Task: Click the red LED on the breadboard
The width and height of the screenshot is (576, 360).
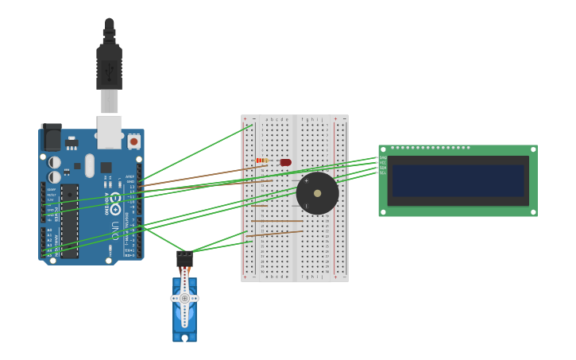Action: (x=286, y=162)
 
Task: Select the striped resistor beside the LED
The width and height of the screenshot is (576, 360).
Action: (x=262, y=161)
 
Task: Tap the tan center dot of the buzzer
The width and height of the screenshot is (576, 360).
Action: (x=318, y=193)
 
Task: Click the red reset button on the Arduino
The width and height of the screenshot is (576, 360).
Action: (x=133, y=141)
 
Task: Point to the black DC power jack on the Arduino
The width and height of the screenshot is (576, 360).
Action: (x=51, y=137)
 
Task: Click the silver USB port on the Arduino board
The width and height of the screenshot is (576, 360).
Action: (x=110, y=131)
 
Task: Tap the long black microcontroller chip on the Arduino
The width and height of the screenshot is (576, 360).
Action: (x=70, y=221)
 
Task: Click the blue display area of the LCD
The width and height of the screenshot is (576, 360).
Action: (x=458, y=180)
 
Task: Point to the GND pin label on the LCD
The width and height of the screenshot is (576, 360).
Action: (x=383, y=157)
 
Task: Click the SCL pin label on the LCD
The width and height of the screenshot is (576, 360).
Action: (x=383, y=172)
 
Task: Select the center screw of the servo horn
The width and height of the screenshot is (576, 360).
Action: (x=184, y=298)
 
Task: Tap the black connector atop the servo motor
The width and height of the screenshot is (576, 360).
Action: (x=184, y=259)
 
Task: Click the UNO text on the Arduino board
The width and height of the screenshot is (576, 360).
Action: (x=115, y=230)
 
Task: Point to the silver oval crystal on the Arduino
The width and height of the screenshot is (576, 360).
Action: (x=90, y=165)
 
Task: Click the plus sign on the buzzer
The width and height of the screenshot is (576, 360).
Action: (x=306, y=180)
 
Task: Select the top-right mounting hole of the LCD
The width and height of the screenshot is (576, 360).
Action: (x=532, y=149)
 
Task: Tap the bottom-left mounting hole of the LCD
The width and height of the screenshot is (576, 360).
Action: (x=383, y=212)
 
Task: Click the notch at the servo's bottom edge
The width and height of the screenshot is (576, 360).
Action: (x=184, y=338)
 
